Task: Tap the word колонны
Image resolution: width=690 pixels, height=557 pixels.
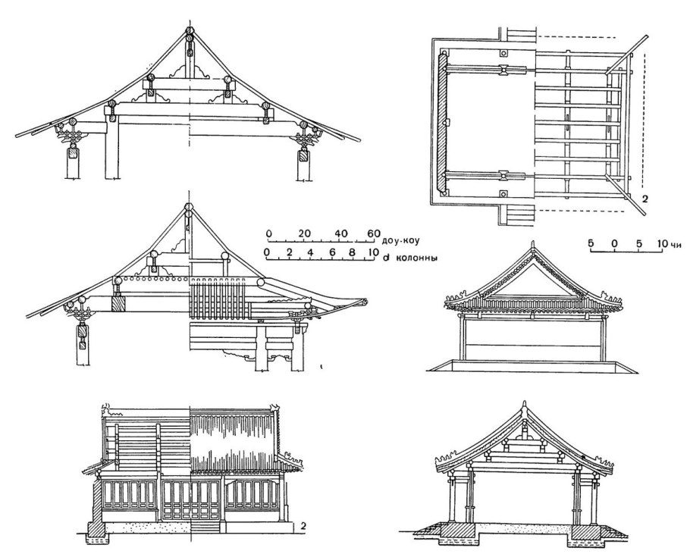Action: [x=417, y=258]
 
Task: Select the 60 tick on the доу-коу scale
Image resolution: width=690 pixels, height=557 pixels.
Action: [x=372, y=233]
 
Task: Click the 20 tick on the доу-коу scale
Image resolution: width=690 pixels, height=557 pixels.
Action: [x=305, y=233]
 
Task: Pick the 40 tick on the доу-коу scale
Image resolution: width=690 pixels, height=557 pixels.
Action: [x=338, y=233]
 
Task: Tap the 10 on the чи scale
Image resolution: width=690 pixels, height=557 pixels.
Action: [x=662, y=243]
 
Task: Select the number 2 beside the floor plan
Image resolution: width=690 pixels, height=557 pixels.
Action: [x=645, y=199]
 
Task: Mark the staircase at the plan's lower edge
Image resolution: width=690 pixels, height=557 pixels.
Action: [x=522, y=214]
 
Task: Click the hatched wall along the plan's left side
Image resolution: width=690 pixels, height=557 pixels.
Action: [x=443, y=124]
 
